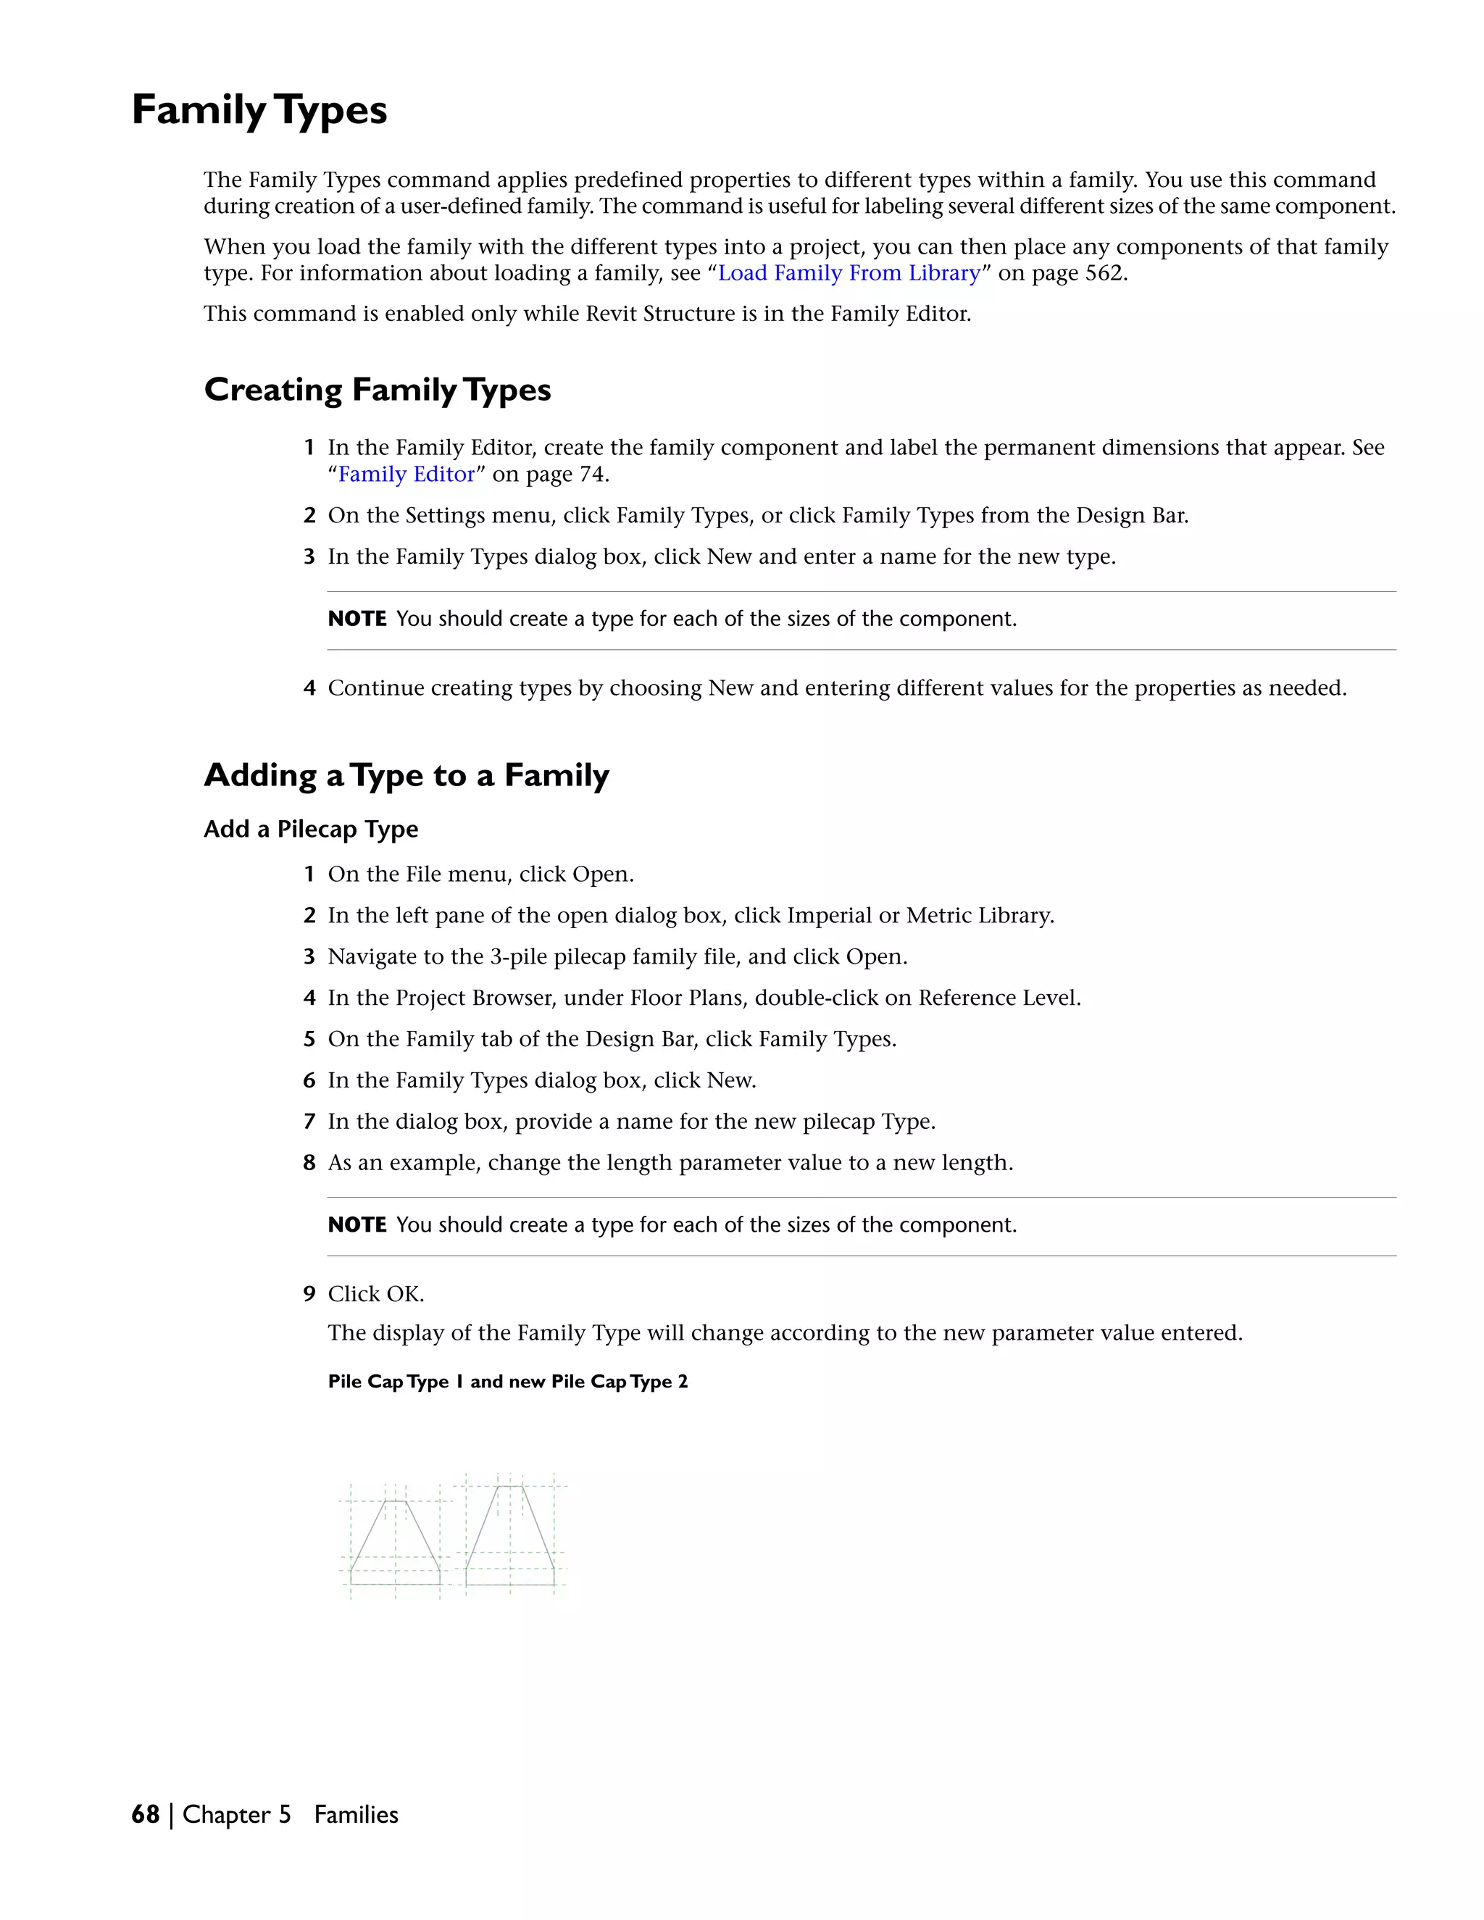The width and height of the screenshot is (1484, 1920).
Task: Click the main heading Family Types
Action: tap(259, 111)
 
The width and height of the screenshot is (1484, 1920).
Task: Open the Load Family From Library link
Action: tap(849, 273)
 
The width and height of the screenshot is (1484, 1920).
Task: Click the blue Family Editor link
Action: tap(407, 475)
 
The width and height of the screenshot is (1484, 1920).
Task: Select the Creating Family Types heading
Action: tap(377, 390)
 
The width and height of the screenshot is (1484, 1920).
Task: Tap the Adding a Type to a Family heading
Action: tap(407, 775)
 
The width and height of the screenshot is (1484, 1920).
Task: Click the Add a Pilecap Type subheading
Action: tap(310, 829)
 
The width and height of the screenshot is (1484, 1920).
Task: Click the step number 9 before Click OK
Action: tap(309, 1294)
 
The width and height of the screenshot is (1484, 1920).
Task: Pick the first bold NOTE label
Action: tap(357, 619)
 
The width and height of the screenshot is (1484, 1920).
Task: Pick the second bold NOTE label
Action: tap(357, 1224)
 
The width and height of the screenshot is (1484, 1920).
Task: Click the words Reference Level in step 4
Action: tap(998, 998)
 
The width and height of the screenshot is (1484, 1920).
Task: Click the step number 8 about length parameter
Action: tap(309, 1163)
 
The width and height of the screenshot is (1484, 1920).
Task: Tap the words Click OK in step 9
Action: tap(375, 1294)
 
